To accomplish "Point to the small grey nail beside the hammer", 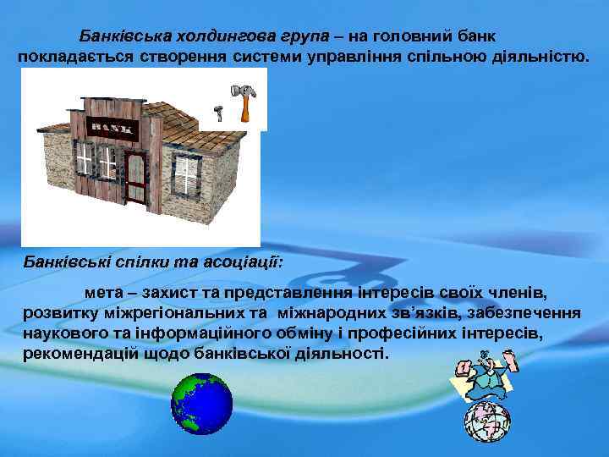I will (217, 112).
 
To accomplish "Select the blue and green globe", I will (201, 404).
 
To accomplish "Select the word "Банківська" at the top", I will (122, 36).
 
